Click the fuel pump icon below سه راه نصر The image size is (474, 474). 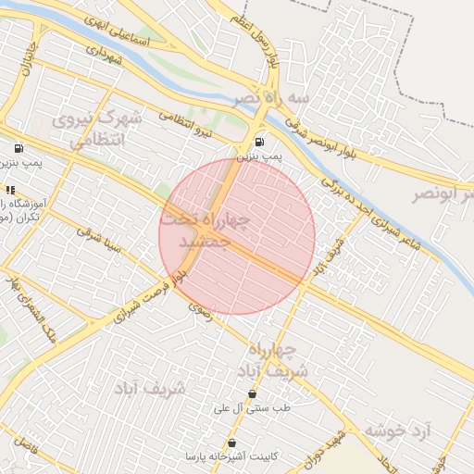tap(258, 142)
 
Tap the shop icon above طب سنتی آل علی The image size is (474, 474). tap(252, 393)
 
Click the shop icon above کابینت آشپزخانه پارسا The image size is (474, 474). tap(231, 443)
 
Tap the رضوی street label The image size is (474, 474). tap(200, 310)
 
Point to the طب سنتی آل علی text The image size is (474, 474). tap(252, 408)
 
